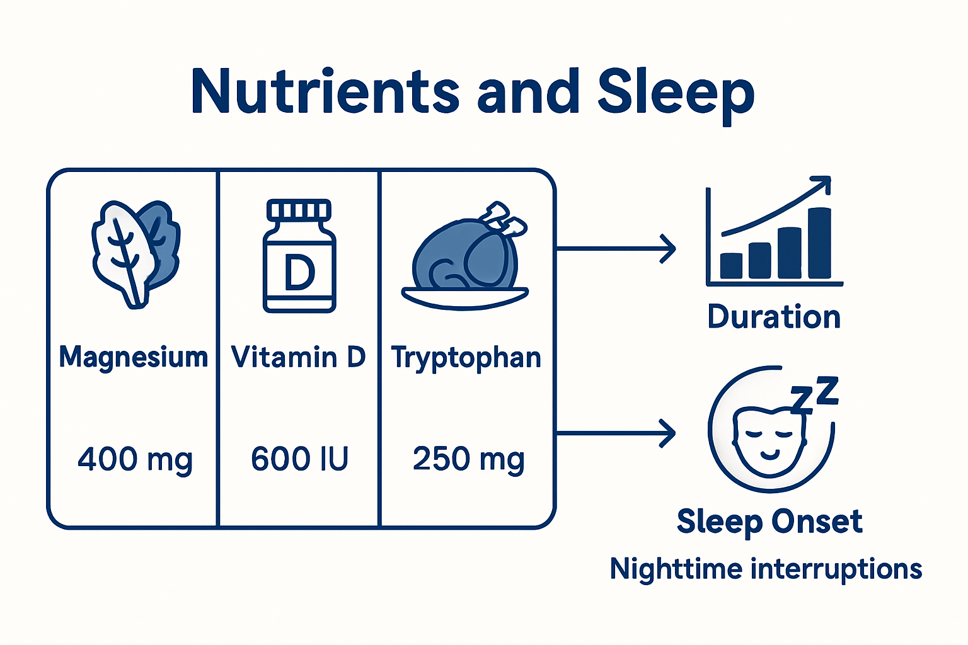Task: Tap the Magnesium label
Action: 133,357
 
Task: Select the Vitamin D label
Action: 298,357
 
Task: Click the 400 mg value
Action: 135,459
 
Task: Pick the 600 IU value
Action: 299,459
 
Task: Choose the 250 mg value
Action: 468,459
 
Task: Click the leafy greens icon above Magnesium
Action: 135,252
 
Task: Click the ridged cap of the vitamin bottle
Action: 299,210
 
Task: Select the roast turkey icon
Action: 466,258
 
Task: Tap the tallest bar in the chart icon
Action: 819,243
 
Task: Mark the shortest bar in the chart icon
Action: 731,265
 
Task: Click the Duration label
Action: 774,317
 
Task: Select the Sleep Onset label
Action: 769,522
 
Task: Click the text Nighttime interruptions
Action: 766,569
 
